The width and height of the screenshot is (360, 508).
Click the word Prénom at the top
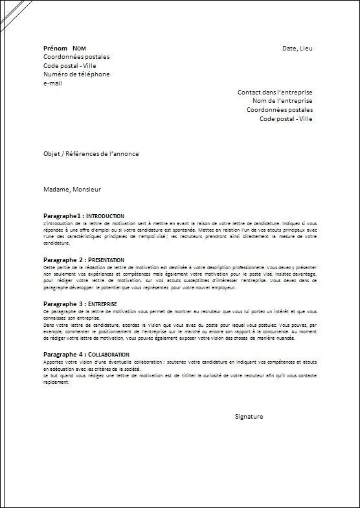(54, 49)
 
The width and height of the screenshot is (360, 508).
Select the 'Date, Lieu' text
(298, 49)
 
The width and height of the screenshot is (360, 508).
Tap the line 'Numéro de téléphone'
(76, 74)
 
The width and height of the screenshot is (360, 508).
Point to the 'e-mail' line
(54, 82)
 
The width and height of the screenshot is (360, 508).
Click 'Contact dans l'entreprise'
(275, 93)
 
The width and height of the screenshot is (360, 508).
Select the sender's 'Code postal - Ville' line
(69, 65)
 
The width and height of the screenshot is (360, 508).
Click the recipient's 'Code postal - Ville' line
(286, 118)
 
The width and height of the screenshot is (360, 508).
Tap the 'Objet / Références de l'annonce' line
(91, 153)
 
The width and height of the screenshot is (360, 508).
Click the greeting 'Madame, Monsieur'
(73, 190)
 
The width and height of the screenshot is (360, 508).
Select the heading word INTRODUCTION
(105, 215)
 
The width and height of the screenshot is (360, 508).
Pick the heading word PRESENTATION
(107, 259)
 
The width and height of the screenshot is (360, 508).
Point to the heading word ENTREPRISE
(103, 303)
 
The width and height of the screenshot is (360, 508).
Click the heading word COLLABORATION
(108, 355)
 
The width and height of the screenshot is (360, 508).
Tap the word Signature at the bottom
(249, 417)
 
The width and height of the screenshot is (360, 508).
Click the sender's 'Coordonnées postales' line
(76, 57)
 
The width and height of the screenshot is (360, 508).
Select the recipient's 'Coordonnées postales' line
(279, 110)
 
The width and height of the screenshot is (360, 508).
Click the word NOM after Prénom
(80, 49)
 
